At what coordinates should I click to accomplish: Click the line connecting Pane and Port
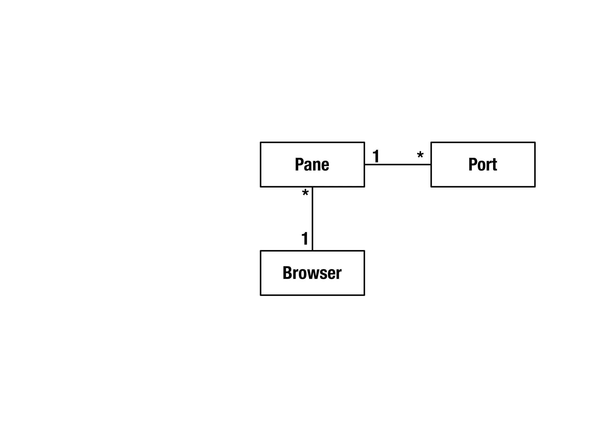coord(398,164)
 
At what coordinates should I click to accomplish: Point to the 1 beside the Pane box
coord(376,156)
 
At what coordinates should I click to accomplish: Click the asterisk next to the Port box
coord(420,156)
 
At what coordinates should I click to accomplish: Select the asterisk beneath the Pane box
coord(305,193)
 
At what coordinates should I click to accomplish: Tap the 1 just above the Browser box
coord(305,238)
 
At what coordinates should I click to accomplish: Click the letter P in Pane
coord(299,164)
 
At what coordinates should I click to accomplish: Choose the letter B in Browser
coord(287,273)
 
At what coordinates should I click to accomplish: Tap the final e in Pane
coord(325,165)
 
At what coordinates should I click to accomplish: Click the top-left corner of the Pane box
coord(261,143)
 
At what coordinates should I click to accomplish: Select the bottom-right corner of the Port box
coord(535,187)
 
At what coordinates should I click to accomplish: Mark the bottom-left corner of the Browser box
coord(261,295)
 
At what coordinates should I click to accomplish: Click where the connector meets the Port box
coord(431,164)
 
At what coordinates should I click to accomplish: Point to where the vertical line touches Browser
coord(312,251)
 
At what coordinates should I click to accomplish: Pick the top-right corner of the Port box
coord(535,143)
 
